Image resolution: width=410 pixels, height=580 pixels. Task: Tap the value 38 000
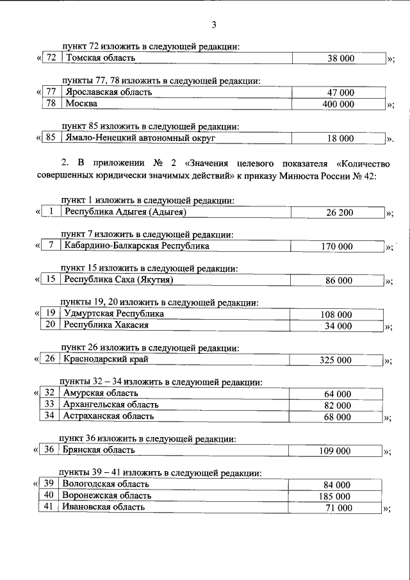tap(340, 59)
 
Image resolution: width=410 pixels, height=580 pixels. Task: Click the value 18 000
tap(340, 138)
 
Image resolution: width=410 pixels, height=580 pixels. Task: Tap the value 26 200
tap(340, 212)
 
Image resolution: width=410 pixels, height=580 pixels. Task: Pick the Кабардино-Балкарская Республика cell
tap(137, 246)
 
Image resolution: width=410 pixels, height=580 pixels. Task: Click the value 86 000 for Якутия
tap(340, 281)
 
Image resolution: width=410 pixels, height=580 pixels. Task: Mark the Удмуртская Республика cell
tap(114, 314)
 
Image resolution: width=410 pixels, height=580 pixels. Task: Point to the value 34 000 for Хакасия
tap(340, 326)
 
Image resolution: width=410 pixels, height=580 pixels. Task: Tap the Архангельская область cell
tap(108, 405)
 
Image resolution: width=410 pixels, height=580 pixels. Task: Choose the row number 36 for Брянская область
tap(49, 451)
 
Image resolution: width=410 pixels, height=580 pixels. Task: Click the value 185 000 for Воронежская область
tap(336, 496)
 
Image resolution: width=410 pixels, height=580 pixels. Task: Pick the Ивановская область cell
tap(103, 507)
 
